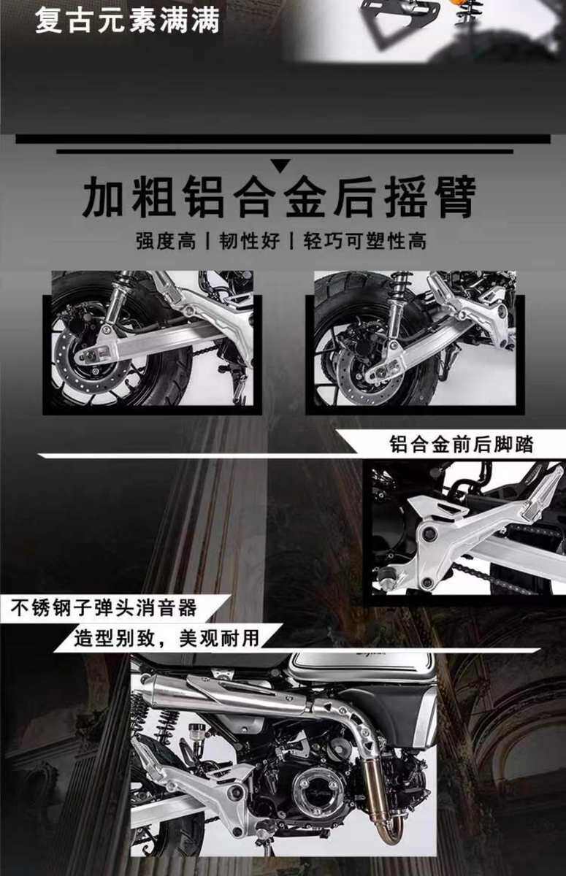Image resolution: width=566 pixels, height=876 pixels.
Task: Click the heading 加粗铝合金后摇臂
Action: tap(279, 196)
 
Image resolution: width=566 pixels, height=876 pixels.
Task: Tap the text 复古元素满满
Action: tap(128, 20)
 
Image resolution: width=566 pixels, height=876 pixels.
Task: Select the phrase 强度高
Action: tap(166, 240)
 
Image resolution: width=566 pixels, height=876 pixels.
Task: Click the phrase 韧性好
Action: tap(249, 240)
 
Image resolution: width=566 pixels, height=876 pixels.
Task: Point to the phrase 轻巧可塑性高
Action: tap(364, 240)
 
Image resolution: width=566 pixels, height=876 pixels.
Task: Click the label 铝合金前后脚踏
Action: tap(462, 445)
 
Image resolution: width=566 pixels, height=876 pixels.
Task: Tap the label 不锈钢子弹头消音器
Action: tap(104, 608)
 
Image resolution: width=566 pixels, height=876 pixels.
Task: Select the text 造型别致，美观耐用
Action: tap(167, 638)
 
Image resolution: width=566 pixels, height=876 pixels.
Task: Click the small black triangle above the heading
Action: tap(281, 166)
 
